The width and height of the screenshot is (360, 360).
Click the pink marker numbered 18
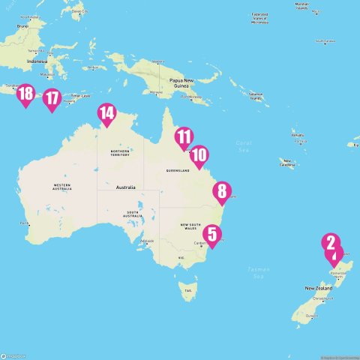[x=25, y=94]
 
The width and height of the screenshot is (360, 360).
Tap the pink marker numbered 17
[x=51, y=98]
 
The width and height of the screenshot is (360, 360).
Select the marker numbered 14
[x=106, y=114]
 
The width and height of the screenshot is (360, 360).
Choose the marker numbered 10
[x=199, y=155]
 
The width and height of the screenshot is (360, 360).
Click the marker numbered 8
[x=221, y=191]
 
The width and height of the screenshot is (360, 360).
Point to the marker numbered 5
[x=212, y=235]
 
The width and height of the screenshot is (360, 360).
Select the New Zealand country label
[x=319, y=288]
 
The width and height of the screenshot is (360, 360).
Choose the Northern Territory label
[x=121, y=152]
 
